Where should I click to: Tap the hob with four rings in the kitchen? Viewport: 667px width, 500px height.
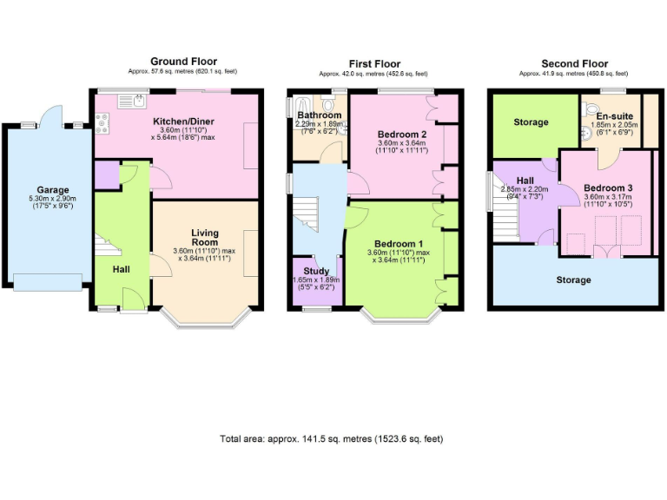click(x=102, y=127)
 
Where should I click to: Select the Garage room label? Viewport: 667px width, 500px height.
click(x=52, y=190)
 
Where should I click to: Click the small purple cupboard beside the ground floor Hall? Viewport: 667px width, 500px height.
click(x=107, y=174)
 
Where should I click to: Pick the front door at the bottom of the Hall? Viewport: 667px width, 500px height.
click(x=132, y=300)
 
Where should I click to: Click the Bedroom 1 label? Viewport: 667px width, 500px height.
click(x=400, y=243)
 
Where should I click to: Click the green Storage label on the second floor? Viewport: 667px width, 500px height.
click(x=531, y=122)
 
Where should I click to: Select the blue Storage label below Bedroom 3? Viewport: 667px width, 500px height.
click(x=573, y=280)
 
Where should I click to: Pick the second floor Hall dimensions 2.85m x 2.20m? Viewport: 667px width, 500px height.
click(x=525, y=189)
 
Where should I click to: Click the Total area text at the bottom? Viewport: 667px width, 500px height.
click(x=333, y=439)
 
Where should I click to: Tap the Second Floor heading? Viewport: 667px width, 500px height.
click(x=573, y=63)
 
